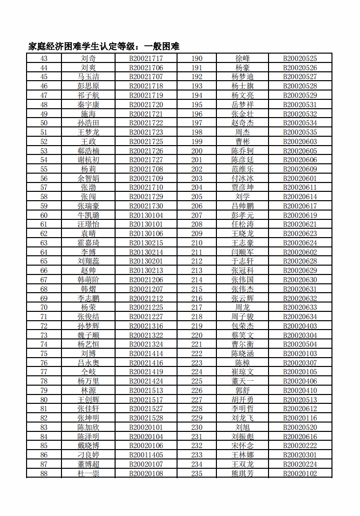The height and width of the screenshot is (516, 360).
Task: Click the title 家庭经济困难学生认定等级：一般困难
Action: [104, 47]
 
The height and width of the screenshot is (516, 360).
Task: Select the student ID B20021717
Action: [146, 59]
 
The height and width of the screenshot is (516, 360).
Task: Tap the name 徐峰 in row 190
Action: [243, 59]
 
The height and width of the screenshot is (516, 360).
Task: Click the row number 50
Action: [44, 123]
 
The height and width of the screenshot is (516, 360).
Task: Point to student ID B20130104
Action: [146, 215]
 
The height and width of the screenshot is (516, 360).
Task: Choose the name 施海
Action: [89, 114]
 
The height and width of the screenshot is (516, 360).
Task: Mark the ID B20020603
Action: [300, 142]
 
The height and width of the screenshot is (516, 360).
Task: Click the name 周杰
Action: [243, 132]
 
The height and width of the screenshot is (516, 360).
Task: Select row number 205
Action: [197, 197]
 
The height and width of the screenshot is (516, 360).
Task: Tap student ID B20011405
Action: [146, 455]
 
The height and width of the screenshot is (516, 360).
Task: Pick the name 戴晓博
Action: [89, 446]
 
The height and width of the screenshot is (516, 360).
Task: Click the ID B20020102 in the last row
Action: [300, 474]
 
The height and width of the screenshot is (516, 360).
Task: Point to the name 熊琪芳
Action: [243, 474]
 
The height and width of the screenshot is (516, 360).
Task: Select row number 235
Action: [197, 474]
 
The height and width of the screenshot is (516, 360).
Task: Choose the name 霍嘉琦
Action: [89, 243]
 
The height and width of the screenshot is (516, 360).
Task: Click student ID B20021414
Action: [146, 354]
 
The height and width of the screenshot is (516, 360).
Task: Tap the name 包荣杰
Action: [243, 326]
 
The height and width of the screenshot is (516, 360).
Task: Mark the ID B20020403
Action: [300, 326]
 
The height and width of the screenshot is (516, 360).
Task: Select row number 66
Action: [44, 271]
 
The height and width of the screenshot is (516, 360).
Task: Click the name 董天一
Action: [243, 381]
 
